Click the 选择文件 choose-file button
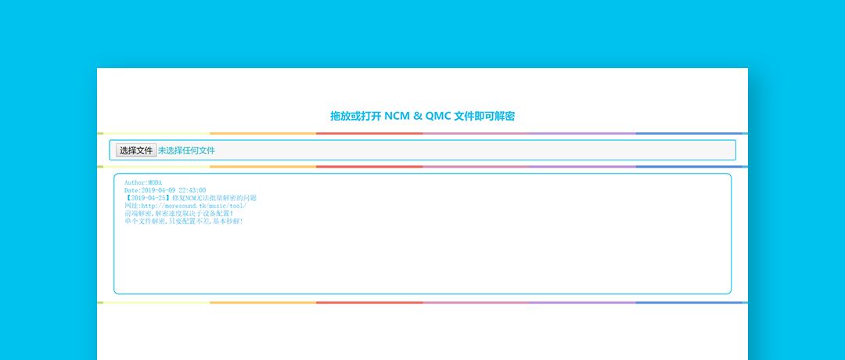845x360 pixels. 135,150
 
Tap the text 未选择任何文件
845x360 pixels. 186,150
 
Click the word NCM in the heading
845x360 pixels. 397,116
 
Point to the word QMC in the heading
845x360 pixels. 437,116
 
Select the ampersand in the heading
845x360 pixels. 417,116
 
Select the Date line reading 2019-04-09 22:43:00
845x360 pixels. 165,190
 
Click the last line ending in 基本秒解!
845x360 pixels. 184,221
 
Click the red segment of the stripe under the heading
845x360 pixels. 369,134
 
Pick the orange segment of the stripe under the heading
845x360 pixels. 263,134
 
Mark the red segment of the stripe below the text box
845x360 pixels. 369,302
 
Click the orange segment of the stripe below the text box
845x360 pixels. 263,302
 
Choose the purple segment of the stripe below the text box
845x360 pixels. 582,302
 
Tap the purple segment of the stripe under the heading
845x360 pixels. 582,134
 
